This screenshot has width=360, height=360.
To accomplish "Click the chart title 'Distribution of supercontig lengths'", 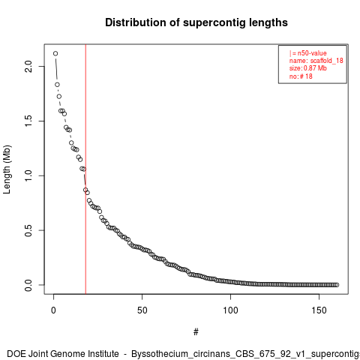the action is click(196, 23).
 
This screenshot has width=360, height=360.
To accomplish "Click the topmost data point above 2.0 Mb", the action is click(55, 53).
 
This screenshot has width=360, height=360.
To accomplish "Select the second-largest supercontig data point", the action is click(57, 85).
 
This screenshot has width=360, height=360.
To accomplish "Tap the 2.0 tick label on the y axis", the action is click(28, 66).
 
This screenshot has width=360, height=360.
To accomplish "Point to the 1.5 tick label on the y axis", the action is click(28, 121).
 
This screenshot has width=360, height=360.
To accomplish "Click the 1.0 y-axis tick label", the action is click(28, 175).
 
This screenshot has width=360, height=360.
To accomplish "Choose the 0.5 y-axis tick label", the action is click(28, 230).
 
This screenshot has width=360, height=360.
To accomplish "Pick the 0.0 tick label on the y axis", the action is click(28, 285).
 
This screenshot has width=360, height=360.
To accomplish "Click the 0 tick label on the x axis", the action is click(53, 310).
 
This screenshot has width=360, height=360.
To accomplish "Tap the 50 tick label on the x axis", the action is click(142, 310).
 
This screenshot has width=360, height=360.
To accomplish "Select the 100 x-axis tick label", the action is click(230, 310).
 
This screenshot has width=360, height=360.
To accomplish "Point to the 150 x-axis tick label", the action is click(319, 310).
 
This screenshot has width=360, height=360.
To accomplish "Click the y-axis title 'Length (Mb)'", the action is click(7, 169).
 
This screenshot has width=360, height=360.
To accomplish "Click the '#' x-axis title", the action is click(196, 332).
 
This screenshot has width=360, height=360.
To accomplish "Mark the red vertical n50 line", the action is click(85, 169).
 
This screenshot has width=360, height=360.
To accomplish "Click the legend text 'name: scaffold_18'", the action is click(316, 61).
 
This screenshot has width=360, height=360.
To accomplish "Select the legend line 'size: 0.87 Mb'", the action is click(308, 68).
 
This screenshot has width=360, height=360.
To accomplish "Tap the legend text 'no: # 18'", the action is click(301, 76).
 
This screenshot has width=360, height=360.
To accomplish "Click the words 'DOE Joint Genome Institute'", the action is click(63, 354).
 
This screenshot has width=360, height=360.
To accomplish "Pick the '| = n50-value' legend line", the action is click(308, 53).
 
